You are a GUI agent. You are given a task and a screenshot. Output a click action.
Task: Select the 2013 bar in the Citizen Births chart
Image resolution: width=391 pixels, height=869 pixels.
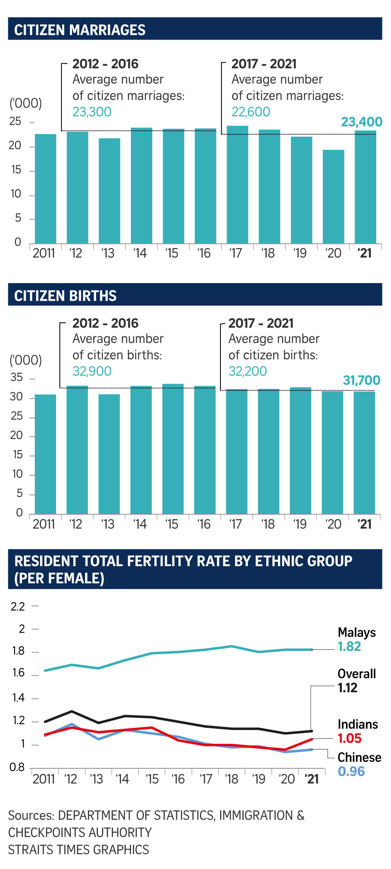[x=109, y=454]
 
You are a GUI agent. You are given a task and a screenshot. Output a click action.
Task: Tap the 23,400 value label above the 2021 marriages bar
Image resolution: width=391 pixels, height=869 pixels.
[x=362, y=122]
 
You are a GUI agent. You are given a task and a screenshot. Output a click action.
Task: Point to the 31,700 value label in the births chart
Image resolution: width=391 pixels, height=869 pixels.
[x=362, y=380]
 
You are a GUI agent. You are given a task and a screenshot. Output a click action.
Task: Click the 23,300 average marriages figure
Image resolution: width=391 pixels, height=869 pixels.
[x=92, y=112]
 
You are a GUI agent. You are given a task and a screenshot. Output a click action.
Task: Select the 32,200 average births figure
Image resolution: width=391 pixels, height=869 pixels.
[x=247, y=371]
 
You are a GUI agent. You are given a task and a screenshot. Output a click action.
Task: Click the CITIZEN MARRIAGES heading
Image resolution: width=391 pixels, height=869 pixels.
[x=80, y=30]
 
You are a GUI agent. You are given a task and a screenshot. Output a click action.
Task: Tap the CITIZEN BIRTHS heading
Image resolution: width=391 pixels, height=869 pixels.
[x=65, y=296]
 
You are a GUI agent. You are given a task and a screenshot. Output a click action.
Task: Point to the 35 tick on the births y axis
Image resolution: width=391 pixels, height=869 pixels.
[x=17, y=377]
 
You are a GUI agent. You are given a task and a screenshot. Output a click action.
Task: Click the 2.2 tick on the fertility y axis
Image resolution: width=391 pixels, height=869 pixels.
[x=18, y=606]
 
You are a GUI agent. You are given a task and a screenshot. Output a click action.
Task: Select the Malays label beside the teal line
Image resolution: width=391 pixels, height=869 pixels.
[x=357, y=633]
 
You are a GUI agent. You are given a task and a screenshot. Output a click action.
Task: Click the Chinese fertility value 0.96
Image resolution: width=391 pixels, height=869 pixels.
[x=351, y=772]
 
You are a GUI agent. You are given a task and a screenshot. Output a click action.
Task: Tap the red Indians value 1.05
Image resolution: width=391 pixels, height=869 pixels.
[x=350, y=738]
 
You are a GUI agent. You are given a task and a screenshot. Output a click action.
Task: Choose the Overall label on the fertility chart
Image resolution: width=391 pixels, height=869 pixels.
[x=357, y=674]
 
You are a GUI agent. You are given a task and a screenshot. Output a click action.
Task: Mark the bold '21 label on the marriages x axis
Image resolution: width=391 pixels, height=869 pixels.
[x=364, y=253]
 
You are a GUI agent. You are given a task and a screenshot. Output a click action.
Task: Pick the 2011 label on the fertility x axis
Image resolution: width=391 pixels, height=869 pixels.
[x=43, y=779]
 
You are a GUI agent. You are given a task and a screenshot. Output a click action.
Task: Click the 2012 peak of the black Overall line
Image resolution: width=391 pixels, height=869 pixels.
[x=72, y=711]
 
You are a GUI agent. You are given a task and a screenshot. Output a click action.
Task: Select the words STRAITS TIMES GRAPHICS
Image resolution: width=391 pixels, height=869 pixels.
[x=79, y=850]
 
